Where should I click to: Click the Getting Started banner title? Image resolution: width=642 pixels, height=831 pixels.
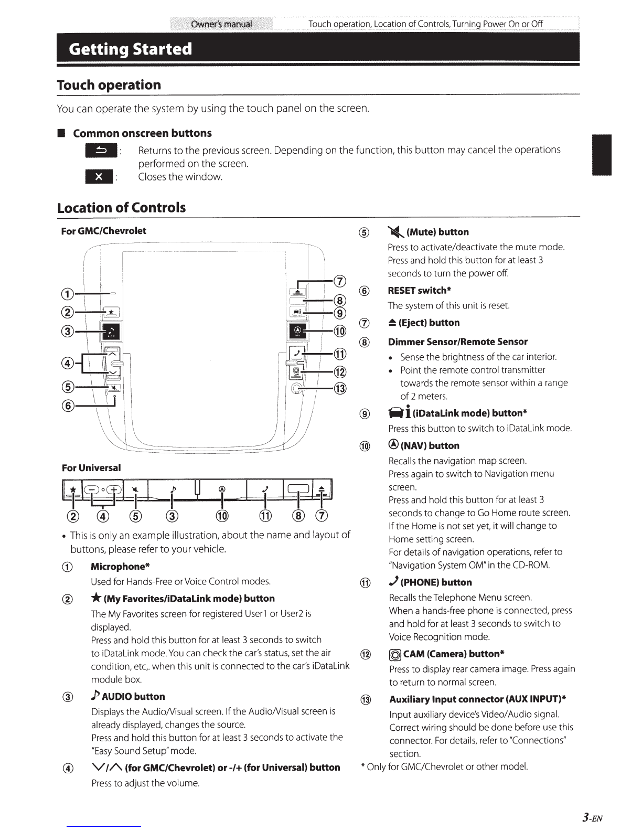(x=130, y=49)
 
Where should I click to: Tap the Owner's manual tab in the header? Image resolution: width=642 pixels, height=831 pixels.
(x=221, y=24)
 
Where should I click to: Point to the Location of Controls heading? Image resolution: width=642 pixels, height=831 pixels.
(x=121, y=208)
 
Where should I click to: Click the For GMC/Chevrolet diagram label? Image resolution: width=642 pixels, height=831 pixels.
(x=104, y=231)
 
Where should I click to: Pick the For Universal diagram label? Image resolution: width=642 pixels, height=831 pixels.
(x=91, y=467)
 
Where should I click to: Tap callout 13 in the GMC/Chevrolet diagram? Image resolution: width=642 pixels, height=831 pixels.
(x=340, y=389)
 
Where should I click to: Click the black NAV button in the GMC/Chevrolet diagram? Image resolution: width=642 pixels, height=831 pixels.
(x=297, y=331)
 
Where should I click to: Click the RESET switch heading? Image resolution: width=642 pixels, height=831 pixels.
(x=420, y=291)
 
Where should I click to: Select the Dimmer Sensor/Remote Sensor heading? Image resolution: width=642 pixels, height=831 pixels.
(x=457, y=342)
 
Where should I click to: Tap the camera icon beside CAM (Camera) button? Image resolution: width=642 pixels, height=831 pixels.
(x=395, y=654)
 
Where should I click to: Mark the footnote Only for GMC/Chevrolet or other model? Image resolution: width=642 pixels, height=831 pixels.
(x=444, y=766)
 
